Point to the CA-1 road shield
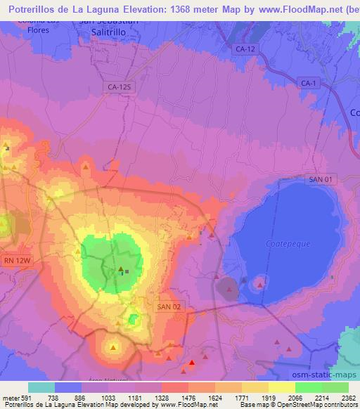pyautogui.click(x=308, y=84)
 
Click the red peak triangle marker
pyautogui.click(x=192, y=363)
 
